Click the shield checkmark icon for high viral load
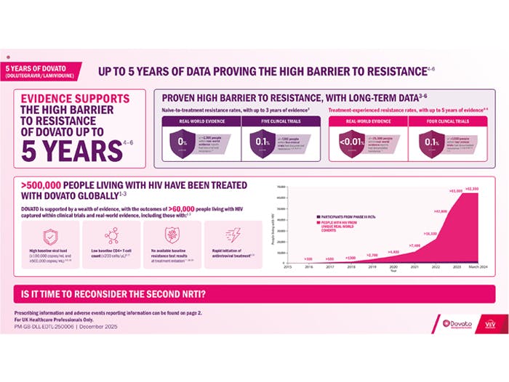50,237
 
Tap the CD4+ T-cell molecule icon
111,237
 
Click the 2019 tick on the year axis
372,267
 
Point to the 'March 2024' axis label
477,267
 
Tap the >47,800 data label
439,211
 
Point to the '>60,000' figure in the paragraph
177,208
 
